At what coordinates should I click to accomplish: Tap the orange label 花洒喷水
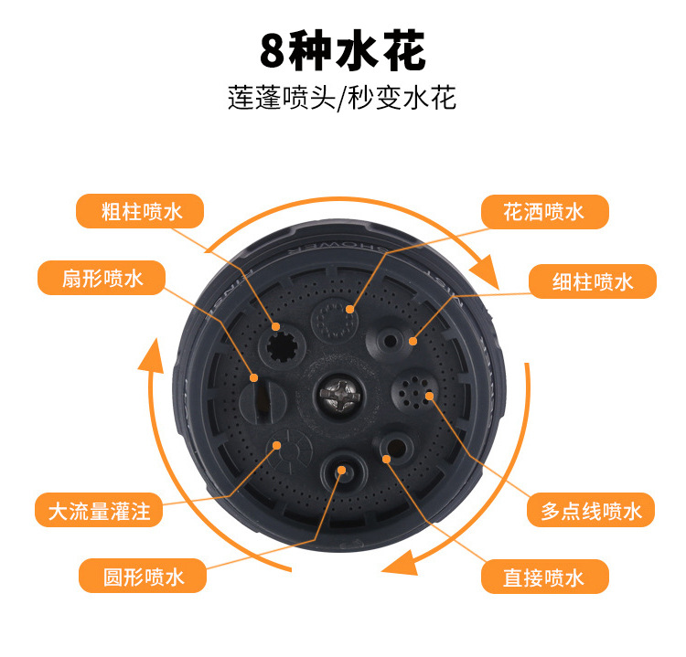pos(543,212)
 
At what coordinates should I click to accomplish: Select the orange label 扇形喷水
pos(102,278)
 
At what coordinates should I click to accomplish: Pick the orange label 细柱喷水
pos(593,281)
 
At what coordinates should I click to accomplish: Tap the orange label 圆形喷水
pos(143,577)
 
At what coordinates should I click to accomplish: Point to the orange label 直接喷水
pos(543,577)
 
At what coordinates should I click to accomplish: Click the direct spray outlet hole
pos(393,447)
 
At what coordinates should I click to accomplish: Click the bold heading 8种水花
pos(342,52)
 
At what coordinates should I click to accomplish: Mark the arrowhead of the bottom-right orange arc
pos(399,560)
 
